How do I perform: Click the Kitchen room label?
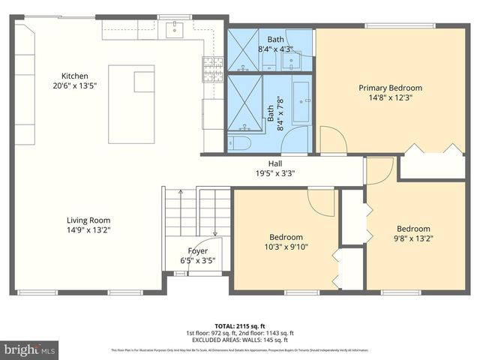pos(75,76)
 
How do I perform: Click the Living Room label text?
pos(88,220)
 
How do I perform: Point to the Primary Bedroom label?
pos(390,87)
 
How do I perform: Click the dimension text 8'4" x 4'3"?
pos(276,49)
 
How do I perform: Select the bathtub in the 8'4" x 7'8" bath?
pos(302,102)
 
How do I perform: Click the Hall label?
pos(275,163)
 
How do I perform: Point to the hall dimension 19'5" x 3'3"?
pos(275,173)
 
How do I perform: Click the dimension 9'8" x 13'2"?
pos(413,238)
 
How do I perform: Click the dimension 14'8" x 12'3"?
pos(390,97)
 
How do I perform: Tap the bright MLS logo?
pos(30,349)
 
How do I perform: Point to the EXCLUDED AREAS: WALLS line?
pos(240,340)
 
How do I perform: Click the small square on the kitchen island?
pos(144,81)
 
